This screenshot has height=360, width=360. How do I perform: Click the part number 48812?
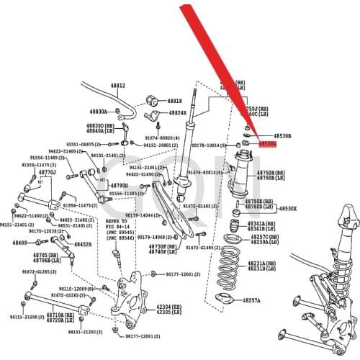(117, 85)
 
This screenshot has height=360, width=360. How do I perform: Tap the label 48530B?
(282, 135)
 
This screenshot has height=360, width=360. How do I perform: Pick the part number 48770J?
(48, 173)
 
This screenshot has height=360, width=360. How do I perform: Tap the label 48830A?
(98, 112)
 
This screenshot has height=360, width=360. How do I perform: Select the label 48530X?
(287, 209)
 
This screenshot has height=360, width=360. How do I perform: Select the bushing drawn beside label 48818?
(152, 99)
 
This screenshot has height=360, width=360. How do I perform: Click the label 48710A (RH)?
(64, 314)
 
